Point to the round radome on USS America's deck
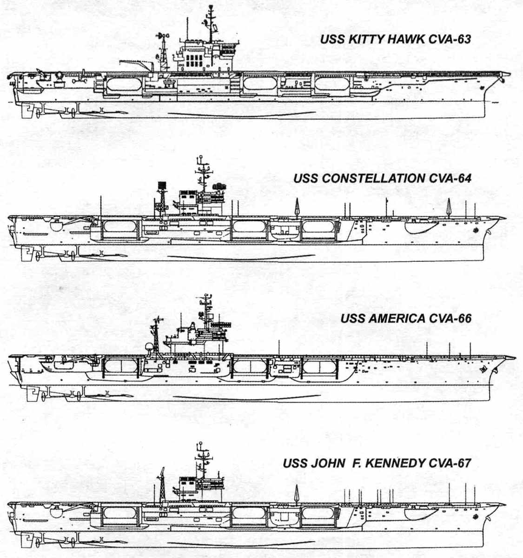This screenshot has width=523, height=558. pyautogui.click(x=149, y=347)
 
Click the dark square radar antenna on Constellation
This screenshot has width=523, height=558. pyautogui.click(x=162, y=185)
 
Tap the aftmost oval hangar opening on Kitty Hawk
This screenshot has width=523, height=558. pyautogui.click(x=123, y=84)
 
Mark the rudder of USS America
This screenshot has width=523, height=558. pyautogui.click(x=33, y=393)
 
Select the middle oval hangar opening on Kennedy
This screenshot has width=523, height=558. pyautogui.click(x=249, y=513)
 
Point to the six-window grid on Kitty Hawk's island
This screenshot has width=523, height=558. pyautogui.click(x=192, y=61)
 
